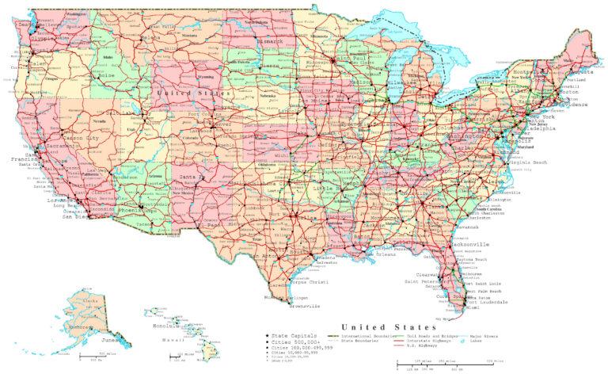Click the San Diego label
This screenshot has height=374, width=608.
click(77, 216)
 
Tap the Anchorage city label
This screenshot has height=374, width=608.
click(79, 326)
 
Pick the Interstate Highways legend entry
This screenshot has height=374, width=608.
click(427, 342)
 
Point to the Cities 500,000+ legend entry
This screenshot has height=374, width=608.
click(291, 342)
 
